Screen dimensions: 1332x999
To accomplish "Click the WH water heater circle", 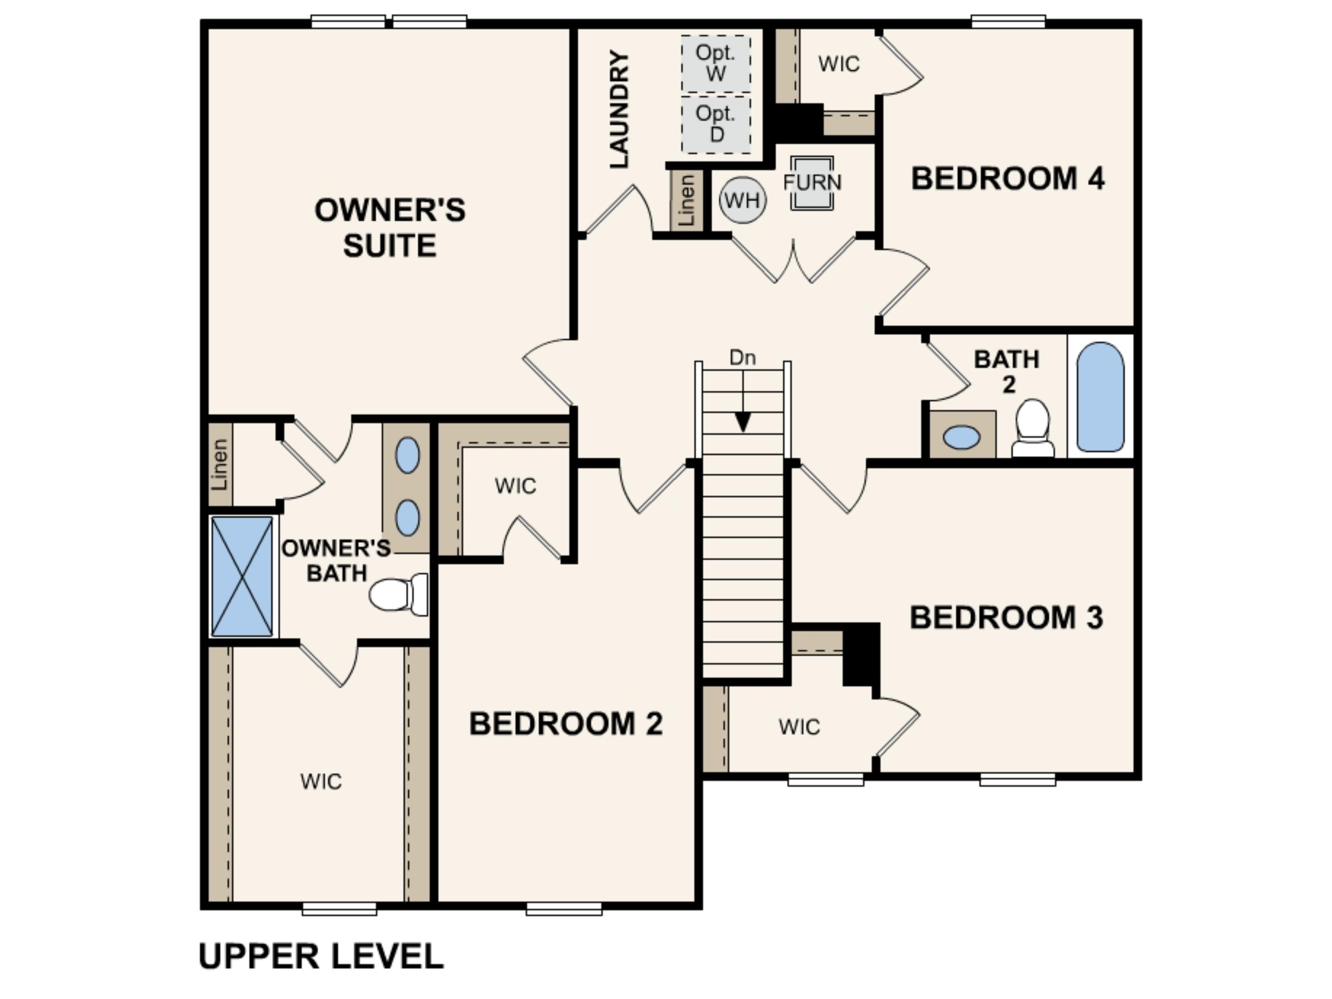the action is (x=743, y=200).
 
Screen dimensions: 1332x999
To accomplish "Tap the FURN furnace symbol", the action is (x=812, y=183).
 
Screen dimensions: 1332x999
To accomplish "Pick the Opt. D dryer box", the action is (x=716, y=124).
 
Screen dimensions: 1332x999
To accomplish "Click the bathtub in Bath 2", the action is (x=1100, y=397).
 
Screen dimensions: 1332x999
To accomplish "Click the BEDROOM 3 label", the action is (x=1006, y=617).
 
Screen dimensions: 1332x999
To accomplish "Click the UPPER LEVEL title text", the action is (x=321, y=956).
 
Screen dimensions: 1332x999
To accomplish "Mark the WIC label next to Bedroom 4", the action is (x=839, y=64).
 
